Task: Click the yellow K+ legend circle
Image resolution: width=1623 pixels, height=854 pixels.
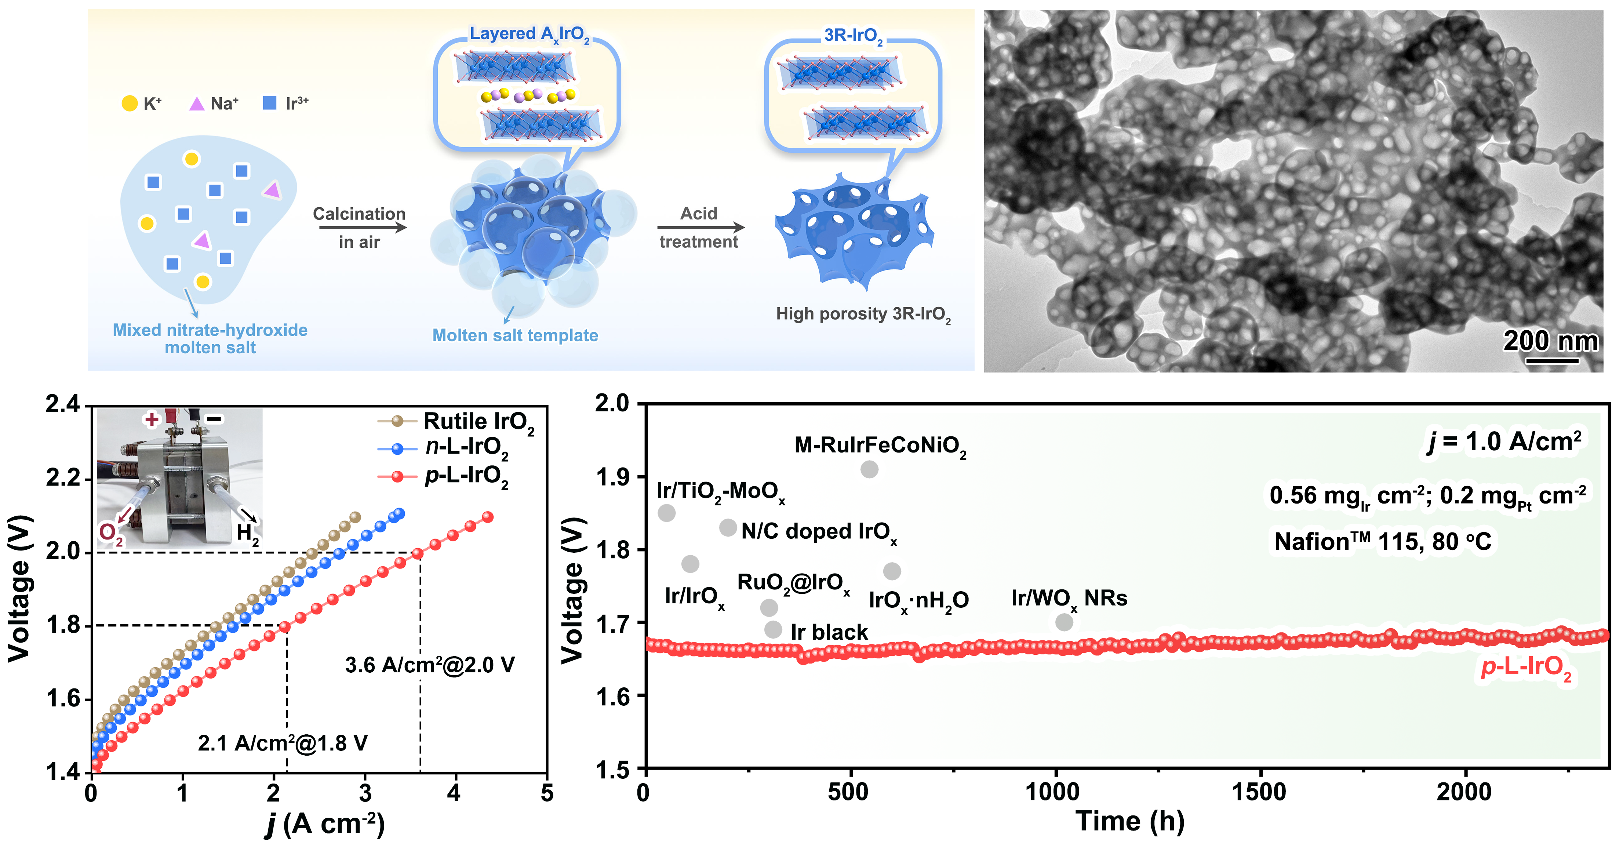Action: [129, 103]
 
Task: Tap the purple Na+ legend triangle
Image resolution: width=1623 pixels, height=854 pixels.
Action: [197, 103]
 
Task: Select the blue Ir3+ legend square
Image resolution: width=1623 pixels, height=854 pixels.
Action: [270, 103]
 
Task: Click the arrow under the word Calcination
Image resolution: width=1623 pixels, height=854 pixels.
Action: [362, 228]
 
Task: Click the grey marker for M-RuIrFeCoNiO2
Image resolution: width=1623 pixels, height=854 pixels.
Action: [869, 469]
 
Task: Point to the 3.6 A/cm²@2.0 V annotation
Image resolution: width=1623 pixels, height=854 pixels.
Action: [430, 665]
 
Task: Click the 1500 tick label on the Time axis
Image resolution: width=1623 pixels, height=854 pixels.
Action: [1259, 792]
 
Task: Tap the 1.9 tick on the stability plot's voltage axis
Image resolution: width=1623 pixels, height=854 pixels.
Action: [612, 477]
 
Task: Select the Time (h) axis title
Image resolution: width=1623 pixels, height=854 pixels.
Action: [1130, 821]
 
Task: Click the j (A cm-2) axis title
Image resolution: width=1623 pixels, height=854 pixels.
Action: [324, 824]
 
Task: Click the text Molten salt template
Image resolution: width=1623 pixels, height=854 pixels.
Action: [515, 335]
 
